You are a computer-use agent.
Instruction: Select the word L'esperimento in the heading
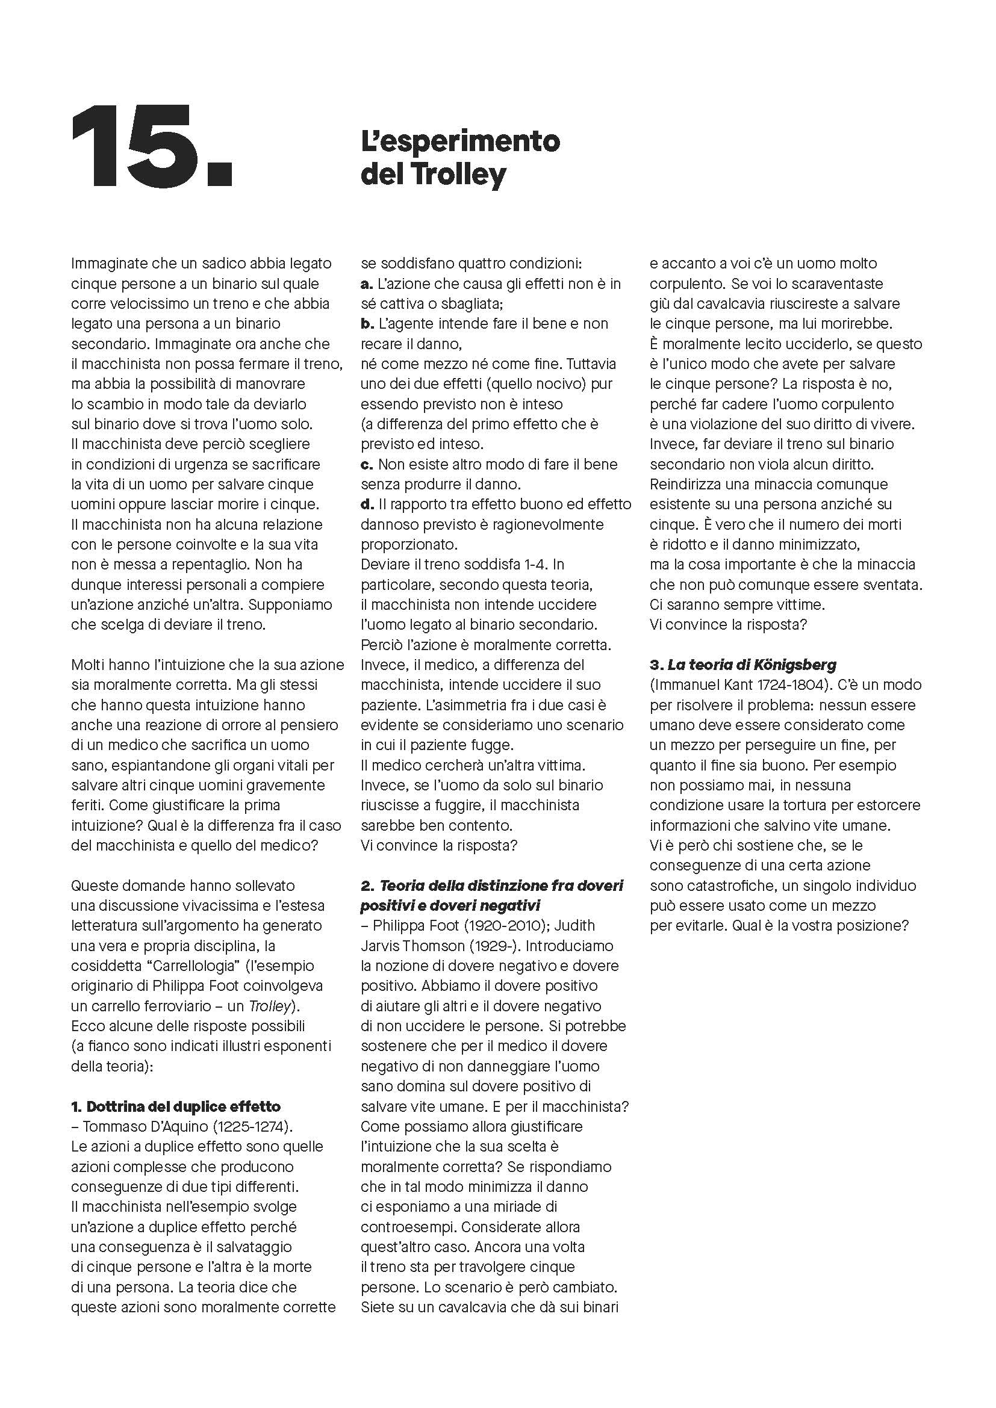(460, 141)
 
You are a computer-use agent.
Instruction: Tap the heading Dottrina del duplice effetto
(176, 1106)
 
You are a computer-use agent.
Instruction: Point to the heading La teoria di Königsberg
(743, 664)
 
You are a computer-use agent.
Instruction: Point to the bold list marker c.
(366, 464)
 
